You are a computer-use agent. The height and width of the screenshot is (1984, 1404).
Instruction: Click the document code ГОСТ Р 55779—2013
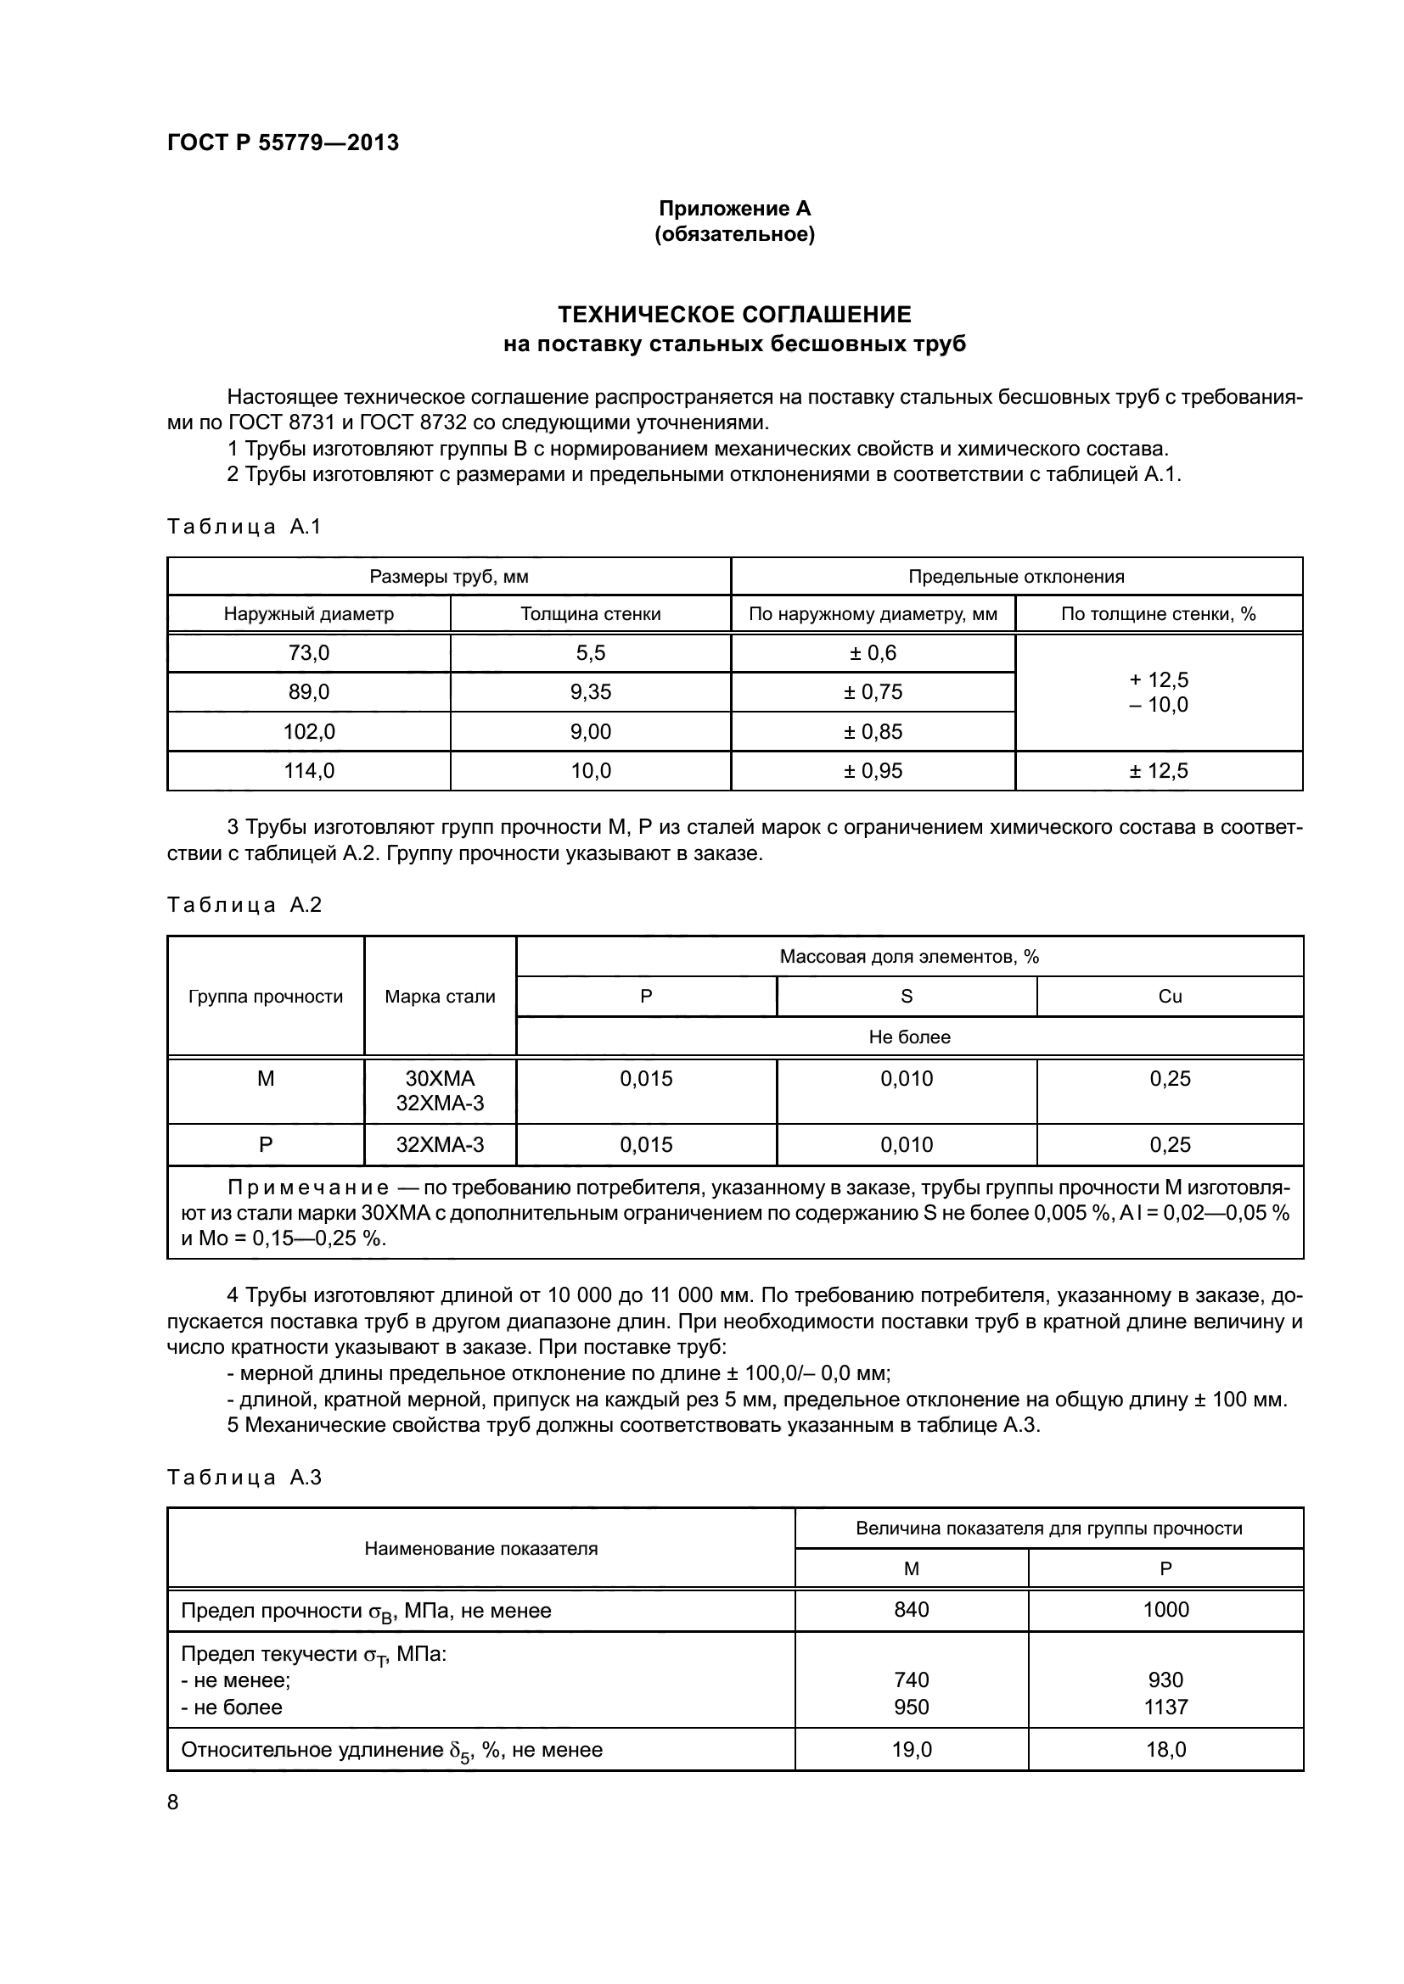(283, 143)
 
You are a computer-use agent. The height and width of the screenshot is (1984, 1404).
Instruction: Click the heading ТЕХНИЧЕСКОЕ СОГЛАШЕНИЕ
(734, 314)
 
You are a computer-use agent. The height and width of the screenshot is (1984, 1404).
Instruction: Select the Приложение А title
(734, 209)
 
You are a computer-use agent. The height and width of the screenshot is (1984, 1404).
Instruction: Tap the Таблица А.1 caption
(244, 526)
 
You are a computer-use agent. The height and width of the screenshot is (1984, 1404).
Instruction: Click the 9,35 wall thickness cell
(591, 692)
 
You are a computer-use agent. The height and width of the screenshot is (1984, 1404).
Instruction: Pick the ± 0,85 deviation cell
(873, 732)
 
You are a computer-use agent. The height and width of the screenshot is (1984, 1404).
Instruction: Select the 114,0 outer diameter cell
(309, 771)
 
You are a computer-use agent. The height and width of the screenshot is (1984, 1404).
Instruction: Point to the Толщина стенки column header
(591, 614)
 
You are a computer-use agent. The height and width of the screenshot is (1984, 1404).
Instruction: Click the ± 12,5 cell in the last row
(1158, 771)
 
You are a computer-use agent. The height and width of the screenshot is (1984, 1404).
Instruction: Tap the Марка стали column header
(440, 997)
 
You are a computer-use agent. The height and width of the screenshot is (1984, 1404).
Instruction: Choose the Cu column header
(1169, 997)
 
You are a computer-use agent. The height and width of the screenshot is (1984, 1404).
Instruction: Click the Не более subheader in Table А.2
(908, 1037)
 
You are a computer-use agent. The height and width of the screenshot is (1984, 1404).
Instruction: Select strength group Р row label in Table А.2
(266, 1145)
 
